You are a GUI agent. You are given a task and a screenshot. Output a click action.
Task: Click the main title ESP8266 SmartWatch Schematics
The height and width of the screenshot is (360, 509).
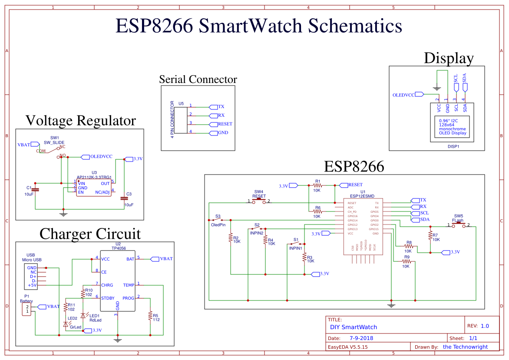click(x=259, y=26)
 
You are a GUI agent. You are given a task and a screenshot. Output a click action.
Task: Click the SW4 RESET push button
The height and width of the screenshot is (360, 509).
click(x=259, y=201)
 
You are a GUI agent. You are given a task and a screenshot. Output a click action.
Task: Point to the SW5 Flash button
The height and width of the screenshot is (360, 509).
click(x=458, y=225)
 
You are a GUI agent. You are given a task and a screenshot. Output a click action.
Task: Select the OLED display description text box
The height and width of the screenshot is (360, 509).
click(x=453, y=127)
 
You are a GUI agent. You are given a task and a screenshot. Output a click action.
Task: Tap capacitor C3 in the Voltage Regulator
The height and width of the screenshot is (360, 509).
click(x=124, y=198)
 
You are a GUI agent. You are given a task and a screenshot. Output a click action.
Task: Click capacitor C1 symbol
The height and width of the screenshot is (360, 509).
click(x=36, y=189)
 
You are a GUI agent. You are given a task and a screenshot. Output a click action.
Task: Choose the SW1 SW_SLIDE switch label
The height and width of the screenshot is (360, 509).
click(x=54, y=140)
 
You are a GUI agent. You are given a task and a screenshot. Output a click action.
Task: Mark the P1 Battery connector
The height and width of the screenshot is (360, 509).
click(x=27, y=309)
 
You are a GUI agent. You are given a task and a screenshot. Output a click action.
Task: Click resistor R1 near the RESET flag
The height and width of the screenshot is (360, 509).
click(x=317, y=185)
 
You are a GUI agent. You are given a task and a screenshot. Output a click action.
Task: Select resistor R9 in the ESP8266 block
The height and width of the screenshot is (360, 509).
click(x=407, y=261)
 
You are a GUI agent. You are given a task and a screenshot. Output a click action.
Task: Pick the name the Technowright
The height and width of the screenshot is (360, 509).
click(x=465, y=347)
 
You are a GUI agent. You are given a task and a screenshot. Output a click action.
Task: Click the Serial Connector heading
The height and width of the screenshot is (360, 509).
click(x=198, y=79)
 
